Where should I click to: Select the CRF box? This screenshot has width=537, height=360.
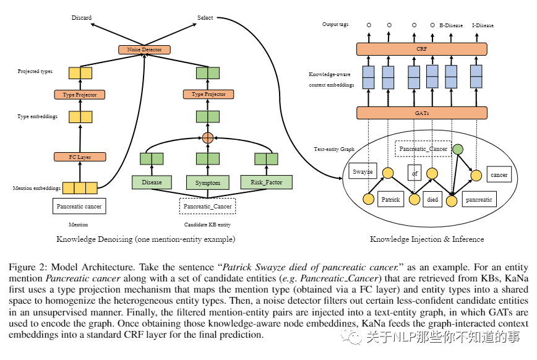[421, 48]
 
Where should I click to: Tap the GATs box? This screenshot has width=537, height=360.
[421, 113]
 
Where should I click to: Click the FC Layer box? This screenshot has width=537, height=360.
[80, 157]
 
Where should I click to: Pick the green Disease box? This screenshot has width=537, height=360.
[152, 182]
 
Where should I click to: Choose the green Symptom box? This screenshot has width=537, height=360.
[208, 182]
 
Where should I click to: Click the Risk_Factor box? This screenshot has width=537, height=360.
[266, 182]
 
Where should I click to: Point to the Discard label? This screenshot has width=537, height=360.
[82, 18]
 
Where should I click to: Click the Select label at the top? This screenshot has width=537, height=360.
[205, 18]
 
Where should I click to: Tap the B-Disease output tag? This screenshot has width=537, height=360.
[452, 25]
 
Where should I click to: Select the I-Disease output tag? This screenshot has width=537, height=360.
[483, 25]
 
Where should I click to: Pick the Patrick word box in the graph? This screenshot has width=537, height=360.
[390, 200]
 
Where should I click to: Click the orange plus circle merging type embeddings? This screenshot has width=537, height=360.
[208, 137]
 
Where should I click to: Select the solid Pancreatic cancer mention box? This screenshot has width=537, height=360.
[80, 206]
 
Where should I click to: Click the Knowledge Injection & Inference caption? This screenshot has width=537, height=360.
[427, 239]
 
